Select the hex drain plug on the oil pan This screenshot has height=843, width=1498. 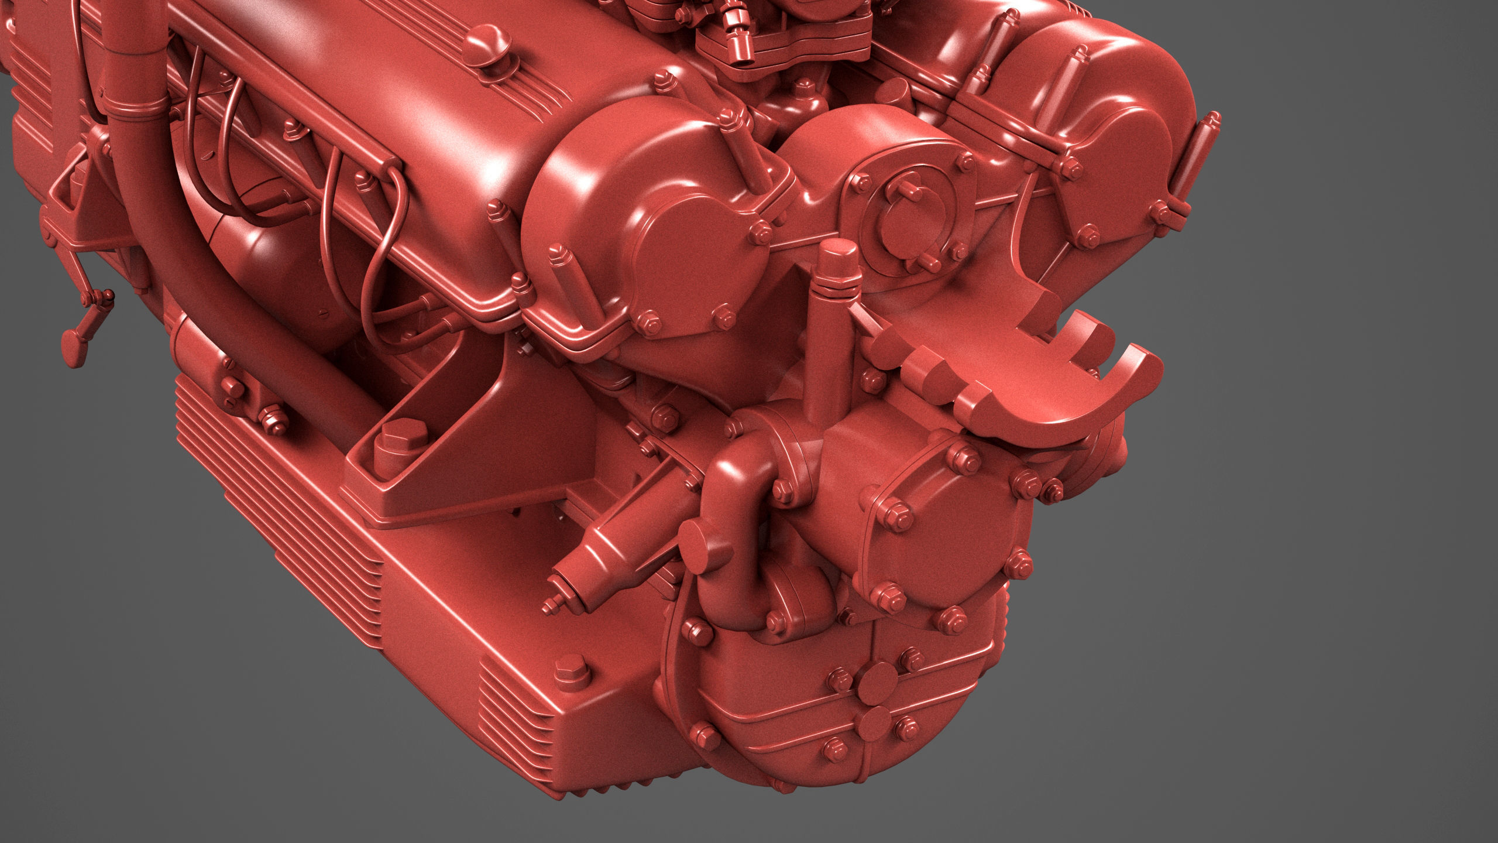click(568, 668)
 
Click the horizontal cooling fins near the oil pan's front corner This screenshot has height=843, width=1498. click(515, 705)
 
